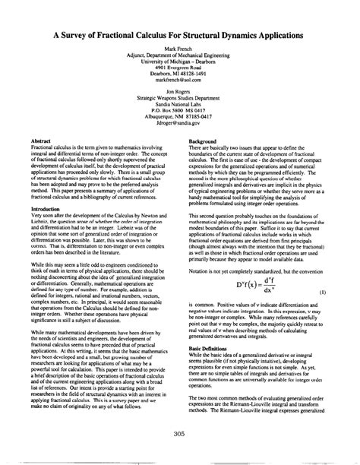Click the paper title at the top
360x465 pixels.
coord(180,35)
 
